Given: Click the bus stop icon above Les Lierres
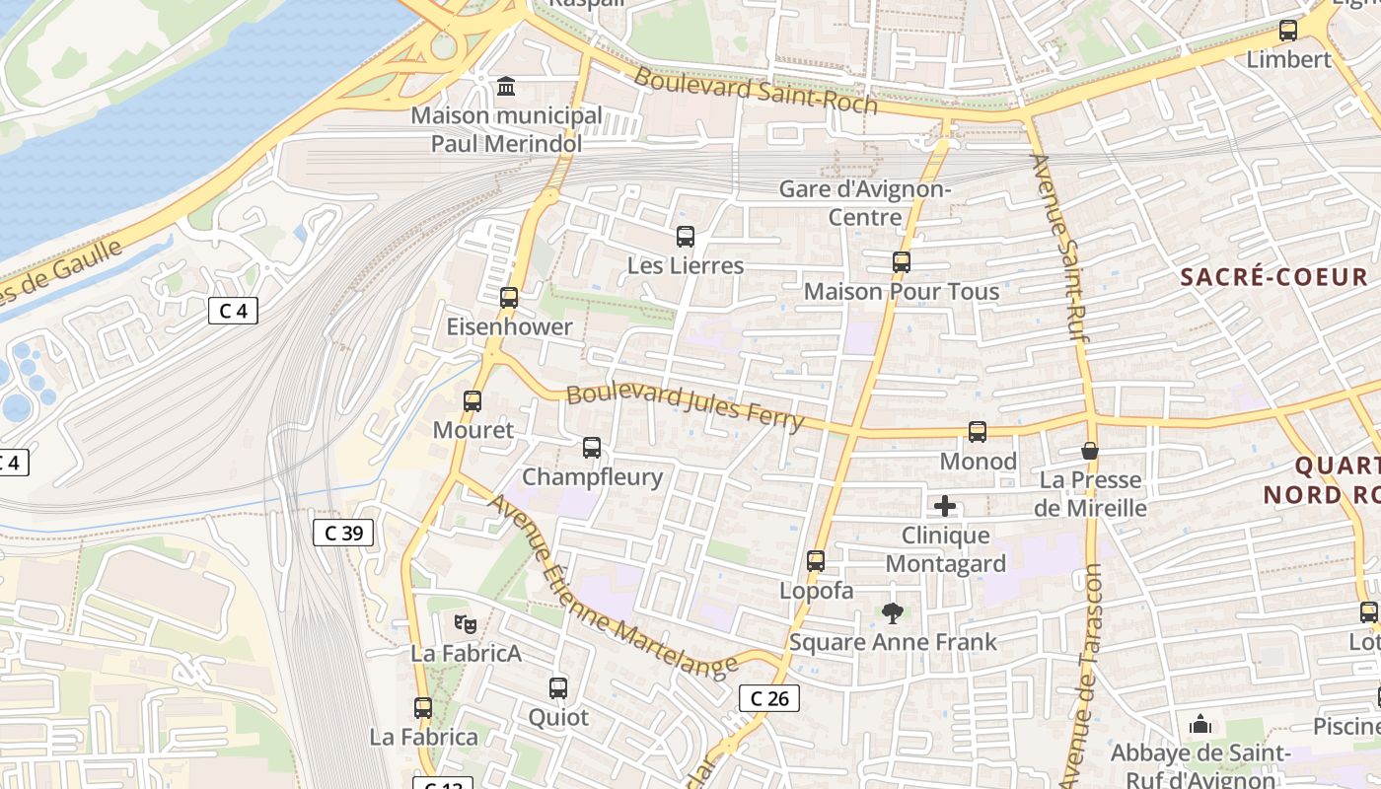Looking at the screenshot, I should pos(686,237).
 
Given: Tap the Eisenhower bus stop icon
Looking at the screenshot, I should pos(509,297).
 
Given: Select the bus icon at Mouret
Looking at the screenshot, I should pos(472,401).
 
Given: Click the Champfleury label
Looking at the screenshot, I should pos(592,477).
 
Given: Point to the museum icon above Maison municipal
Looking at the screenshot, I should pos(506,87).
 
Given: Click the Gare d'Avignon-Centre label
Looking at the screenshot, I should pos(864,202).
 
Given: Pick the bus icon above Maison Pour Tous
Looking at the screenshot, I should pos(901,262).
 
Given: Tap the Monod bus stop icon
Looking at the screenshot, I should pos(977,432).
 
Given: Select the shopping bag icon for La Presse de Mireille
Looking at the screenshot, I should pos(1090,451).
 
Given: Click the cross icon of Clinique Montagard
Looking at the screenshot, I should pos(945,507).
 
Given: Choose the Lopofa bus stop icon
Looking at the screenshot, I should pos(816,561).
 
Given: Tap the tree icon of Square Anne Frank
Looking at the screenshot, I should pos(893,613).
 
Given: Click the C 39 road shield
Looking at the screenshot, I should pos(343,533).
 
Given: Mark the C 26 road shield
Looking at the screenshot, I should pos(768,698).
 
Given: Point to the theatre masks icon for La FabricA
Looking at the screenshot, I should pos(466,623).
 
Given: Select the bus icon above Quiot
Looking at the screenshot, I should pos(558,688).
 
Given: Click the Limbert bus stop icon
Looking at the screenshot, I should pos(1288,31).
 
